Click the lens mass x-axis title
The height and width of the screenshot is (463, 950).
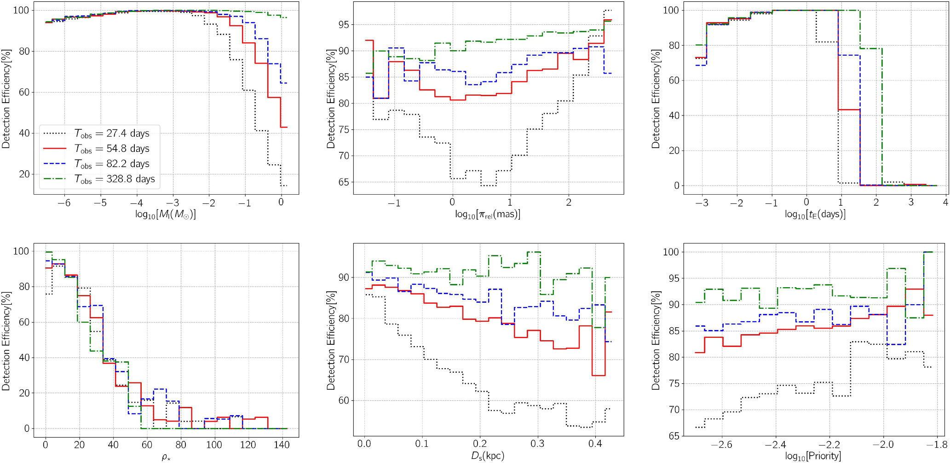coord(166,214)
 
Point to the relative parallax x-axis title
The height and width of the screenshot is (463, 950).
coord(488,214)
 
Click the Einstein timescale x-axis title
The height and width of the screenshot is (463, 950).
coord(815,214)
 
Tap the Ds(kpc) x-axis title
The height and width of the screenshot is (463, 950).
coord(488,456)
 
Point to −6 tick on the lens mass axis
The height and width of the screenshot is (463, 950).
coord(64,203)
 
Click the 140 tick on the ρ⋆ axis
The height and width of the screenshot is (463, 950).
coord(282,445)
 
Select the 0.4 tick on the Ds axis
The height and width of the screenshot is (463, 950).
coord(595,444)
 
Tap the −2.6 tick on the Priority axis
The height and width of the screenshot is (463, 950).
coord(721,445)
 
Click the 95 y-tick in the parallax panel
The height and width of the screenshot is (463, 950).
coord(343,25)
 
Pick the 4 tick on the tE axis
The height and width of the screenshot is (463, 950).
coord(945,203)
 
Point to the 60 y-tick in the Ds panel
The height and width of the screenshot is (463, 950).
coord(343,400)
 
